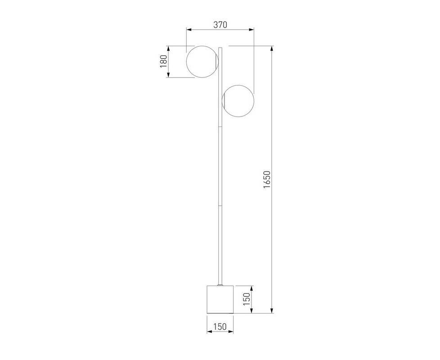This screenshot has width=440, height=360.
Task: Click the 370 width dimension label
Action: point(220,25)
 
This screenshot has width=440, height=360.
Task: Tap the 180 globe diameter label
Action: point(163,62)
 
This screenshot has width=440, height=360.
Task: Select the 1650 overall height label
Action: point(267,180)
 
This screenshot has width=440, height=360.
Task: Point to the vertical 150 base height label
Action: point(247,299)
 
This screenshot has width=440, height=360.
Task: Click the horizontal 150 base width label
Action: point(220,327)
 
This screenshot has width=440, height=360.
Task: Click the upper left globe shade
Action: point(202,62)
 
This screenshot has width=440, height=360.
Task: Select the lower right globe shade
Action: point(238,101)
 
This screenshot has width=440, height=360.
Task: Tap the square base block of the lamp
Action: point(220,299)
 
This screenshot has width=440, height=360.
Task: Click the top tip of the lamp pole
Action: point(220,48)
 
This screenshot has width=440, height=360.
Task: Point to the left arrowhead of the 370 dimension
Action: point(189,29)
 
